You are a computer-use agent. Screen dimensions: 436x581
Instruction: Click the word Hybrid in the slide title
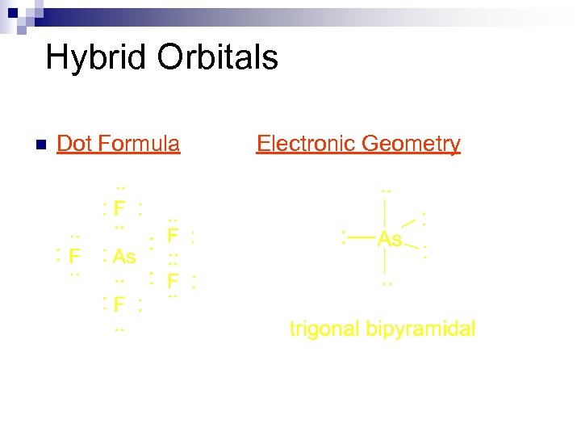point(96,58)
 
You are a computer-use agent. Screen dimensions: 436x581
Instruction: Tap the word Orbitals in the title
point(218,57)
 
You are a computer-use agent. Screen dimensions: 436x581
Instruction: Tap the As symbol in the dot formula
point(124,257)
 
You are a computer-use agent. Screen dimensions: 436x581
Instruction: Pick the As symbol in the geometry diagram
point(390,239)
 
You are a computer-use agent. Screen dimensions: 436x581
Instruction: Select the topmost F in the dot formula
point(119,209)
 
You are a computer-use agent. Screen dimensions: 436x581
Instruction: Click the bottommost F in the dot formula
point(119,305)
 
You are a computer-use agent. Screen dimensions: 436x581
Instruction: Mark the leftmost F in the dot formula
point(74,257)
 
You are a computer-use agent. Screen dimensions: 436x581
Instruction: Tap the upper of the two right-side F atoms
point(172,237)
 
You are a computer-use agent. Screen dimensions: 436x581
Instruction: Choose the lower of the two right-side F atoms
point(172,281)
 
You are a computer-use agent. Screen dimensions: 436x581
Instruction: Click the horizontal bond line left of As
point(362,237)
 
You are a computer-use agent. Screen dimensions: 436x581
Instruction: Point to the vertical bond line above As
point(387,212)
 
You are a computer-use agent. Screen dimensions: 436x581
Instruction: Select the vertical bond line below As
point(387,262)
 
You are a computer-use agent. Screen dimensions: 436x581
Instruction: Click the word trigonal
point(324,329)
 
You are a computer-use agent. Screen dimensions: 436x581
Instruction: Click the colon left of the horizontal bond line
point(344,237)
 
